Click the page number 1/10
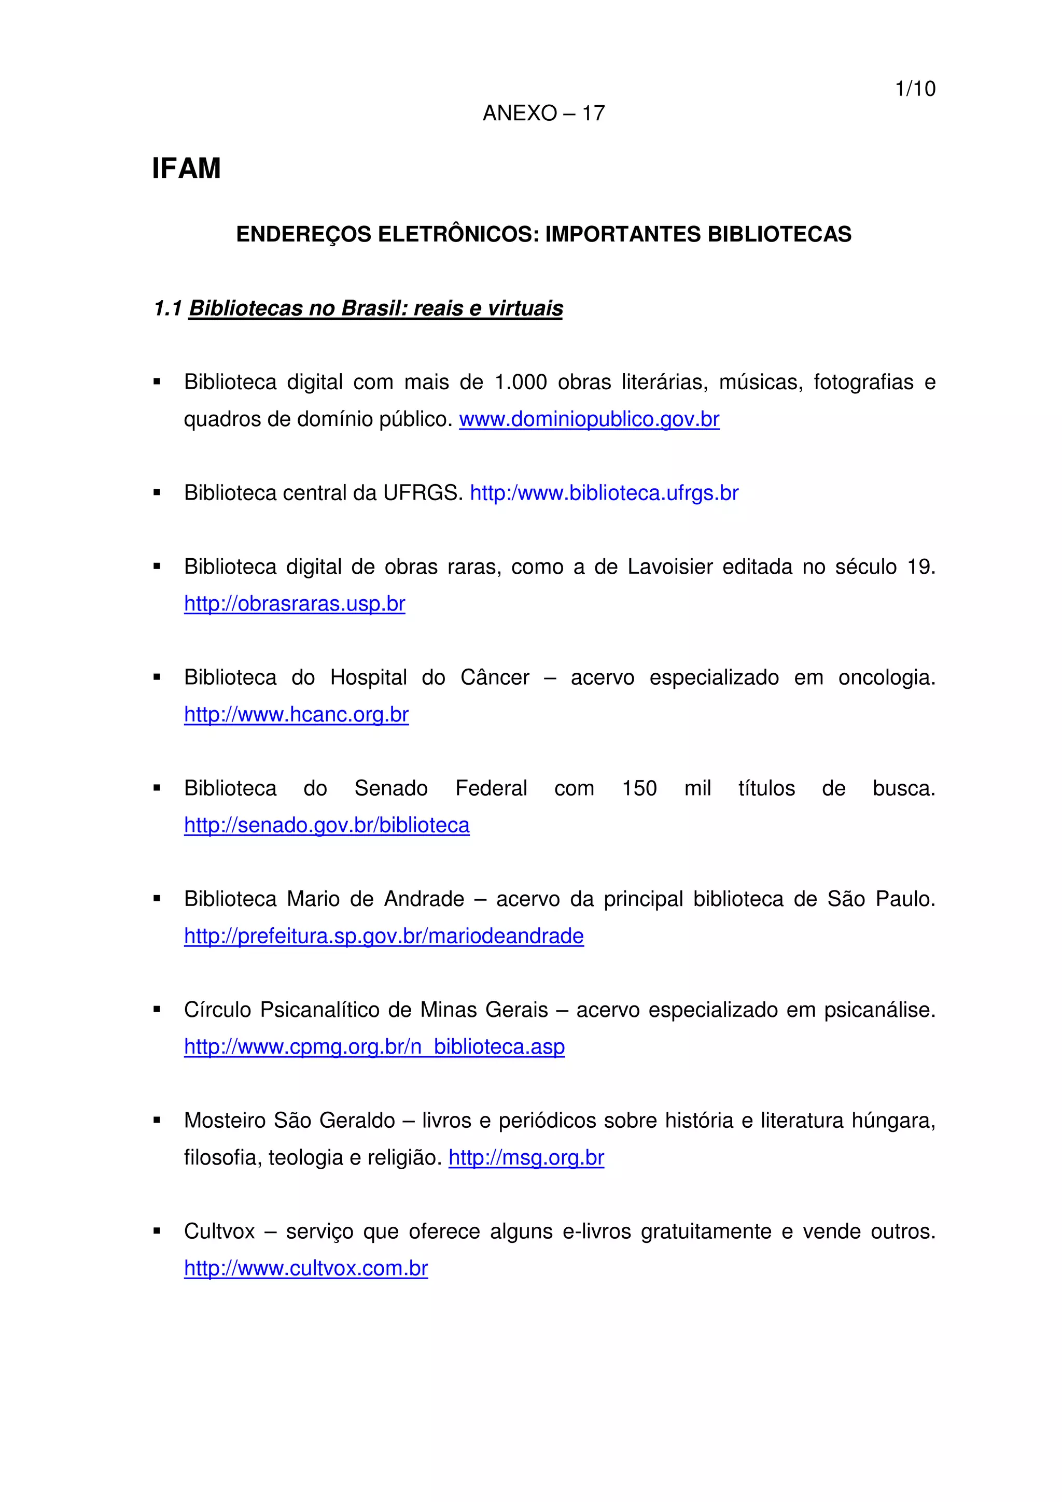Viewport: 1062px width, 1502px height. pos(915,89)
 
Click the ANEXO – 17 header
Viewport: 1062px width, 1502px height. pos(543,113)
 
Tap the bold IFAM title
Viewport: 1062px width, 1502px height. pos(187,169)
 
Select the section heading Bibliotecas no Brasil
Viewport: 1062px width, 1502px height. pos(375,308)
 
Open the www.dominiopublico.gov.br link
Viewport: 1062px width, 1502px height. pos(589,419)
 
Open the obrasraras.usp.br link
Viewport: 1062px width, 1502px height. pos(295,604)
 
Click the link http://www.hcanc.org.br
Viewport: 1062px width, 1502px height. pos(297,714)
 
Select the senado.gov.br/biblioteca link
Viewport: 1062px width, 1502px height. pos(327,825)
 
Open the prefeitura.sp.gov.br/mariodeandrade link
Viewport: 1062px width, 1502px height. pos(383,936)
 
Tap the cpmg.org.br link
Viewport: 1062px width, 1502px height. pos(374,1047)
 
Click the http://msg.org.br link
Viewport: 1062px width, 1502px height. pos(526,1157)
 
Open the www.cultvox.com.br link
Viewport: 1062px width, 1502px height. pos(305,1268)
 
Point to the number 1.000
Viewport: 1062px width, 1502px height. pos(520,382)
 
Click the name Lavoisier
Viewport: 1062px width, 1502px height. pos(669,566)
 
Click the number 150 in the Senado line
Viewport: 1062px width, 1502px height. pos(639,788)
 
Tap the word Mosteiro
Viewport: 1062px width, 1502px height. pos(225,1121)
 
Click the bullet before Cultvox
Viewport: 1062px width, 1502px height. pos(157,1231)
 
